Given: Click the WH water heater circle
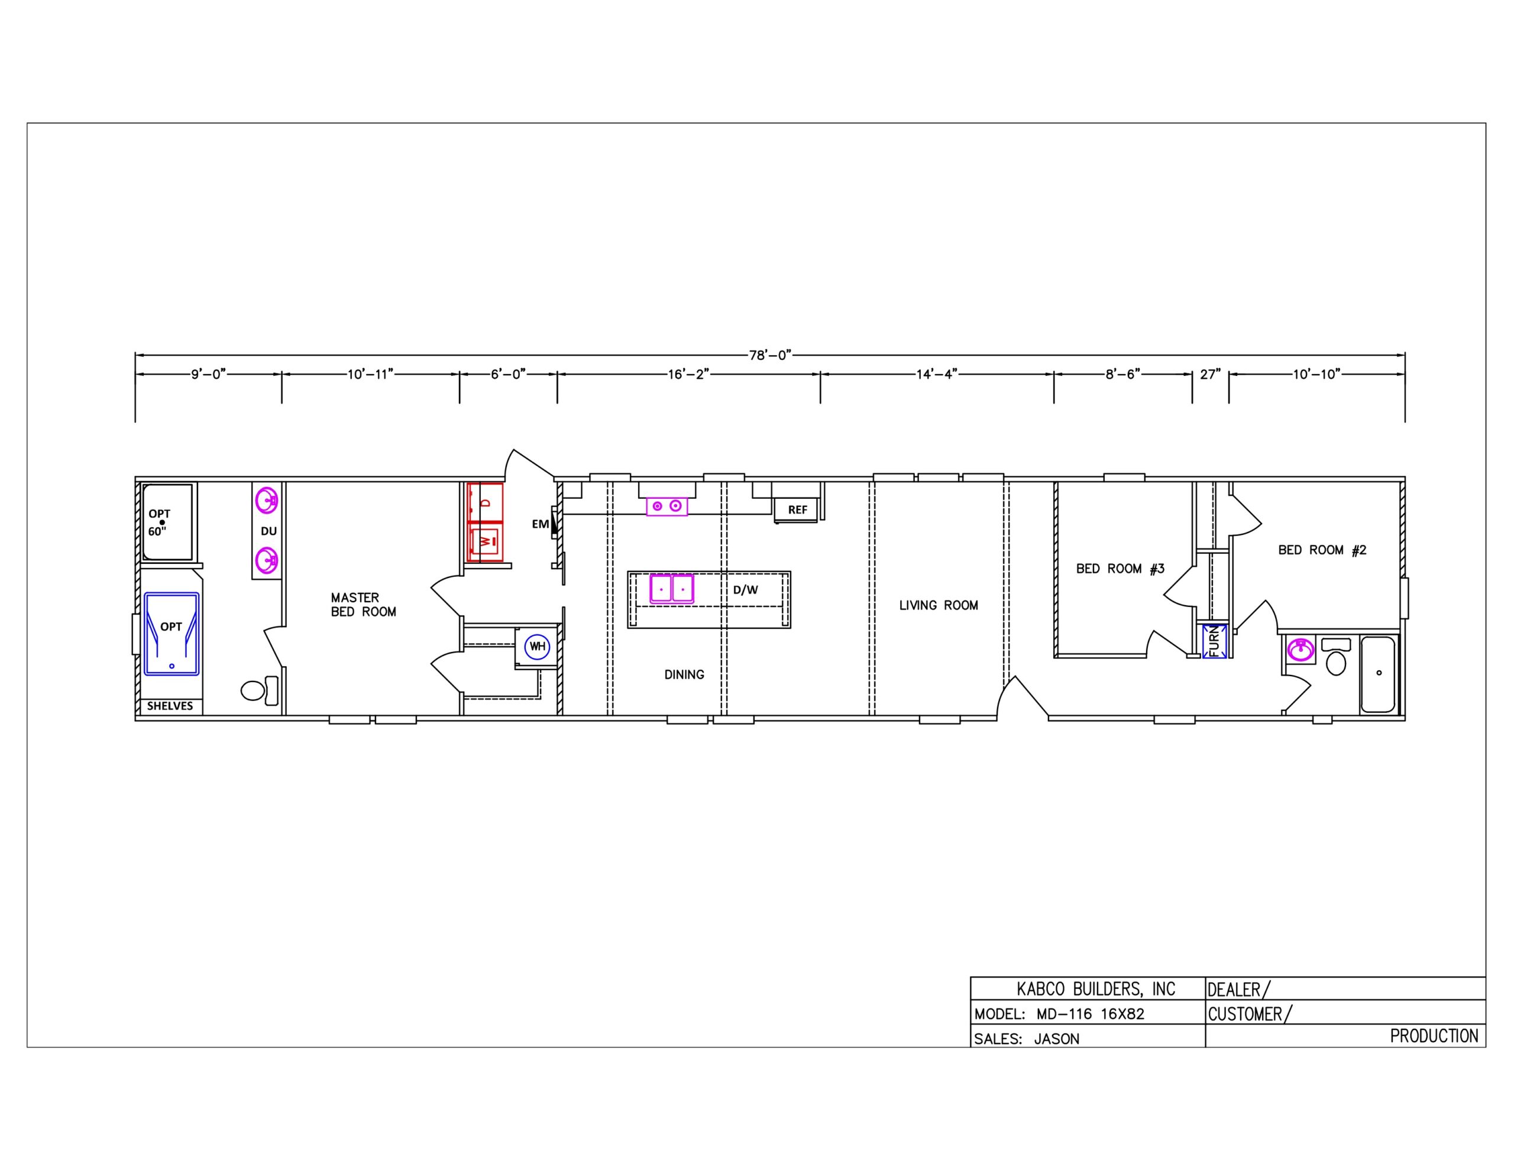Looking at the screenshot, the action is click(537, 647).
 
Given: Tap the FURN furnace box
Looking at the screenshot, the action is click(1215, 641).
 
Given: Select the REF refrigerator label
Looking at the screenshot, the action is click(797, 510).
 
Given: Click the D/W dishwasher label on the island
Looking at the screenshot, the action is click(745, 590).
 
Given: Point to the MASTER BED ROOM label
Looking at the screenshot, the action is click(363, 604).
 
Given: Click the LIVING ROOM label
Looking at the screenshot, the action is click(939, 605).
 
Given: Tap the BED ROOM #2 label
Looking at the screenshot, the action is click(1322, 550).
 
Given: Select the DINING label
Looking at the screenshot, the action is click(684, 674).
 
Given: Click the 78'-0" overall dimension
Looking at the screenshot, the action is click(770, 355).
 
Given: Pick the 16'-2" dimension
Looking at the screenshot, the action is click(689, 374).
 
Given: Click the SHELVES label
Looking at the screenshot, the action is click(170, 706).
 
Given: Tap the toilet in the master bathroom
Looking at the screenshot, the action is click(260, 690).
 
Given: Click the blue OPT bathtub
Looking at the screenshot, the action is click(172, 634).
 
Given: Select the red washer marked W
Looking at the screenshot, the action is click(486, 541).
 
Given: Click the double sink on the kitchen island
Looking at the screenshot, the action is click(672, 588).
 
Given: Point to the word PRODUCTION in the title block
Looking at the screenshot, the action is click(1434, 1036).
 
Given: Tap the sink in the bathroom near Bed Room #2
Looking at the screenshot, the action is click(1300, 650).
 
